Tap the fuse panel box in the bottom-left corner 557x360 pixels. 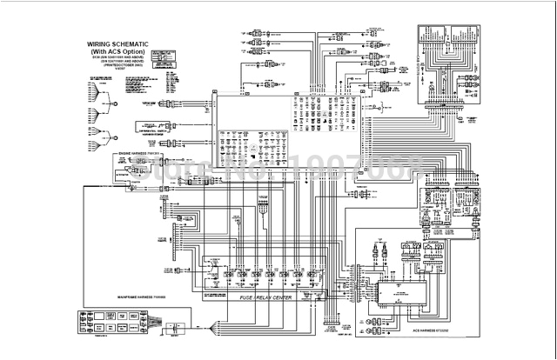(119, 315)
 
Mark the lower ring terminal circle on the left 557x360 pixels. (113, 136)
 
